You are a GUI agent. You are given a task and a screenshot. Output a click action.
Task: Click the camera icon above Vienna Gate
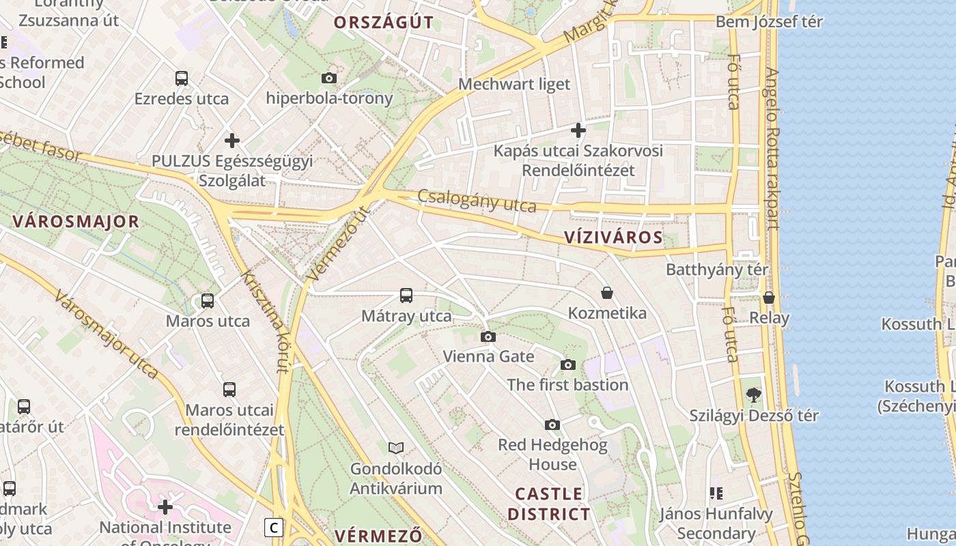pos(488,336)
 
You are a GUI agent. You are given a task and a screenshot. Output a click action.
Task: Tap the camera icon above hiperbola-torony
pos(329,78)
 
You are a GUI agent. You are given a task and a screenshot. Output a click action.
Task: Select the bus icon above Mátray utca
pos(406,296)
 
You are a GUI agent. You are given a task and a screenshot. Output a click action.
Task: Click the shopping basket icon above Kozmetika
pos(607,293)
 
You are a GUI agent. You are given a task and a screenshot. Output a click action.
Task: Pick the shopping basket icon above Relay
pos(769,298)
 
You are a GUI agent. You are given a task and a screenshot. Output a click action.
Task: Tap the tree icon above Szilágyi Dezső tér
pos(754,394)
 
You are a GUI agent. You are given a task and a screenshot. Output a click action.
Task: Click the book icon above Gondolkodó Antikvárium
pos(396,448)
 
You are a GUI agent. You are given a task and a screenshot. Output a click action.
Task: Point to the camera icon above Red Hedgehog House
pos(552,425)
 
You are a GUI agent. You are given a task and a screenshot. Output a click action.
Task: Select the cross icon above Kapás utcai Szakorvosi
pos(578,130)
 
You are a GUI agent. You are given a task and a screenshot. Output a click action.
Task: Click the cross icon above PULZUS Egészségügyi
pos(232,141)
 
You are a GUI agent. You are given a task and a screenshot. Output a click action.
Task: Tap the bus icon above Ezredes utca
pos(182,78)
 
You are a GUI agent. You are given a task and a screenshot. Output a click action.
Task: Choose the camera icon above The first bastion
pos(568,365)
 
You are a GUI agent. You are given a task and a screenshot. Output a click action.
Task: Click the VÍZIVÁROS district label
pos(613,238)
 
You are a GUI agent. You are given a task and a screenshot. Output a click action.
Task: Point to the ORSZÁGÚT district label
pos(383,23)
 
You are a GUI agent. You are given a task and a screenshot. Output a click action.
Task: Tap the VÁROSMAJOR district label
pos(76,222)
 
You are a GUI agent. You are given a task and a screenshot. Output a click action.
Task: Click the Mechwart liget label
pos(514,84)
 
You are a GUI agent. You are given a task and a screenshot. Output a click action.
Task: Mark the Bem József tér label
pos(769,22)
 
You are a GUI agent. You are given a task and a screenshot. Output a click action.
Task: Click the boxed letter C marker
pos(274,528)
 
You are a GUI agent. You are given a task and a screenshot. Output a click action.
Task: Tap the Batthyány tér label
pos(717,270)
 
